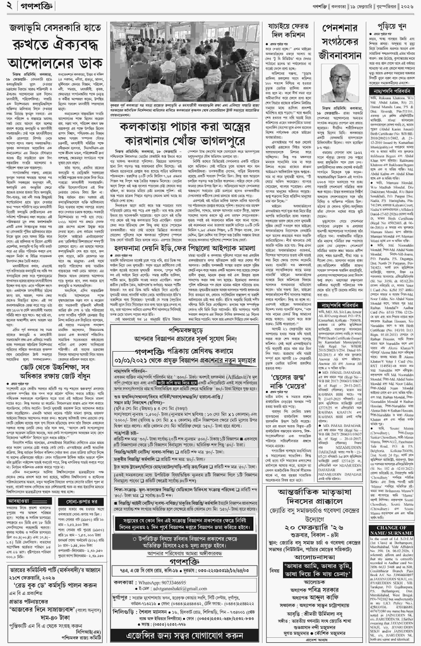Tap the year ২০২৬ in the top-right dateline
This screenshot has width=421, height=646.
(408, 6)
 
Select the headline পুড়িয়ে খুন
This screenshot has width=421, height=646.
(392, 26)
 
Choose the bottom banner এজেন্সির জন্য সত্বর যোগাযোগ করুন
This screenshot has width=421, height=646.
(185, 636)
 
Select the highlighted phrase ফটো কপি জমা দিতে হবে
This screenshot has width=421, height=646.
(177, 383)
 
